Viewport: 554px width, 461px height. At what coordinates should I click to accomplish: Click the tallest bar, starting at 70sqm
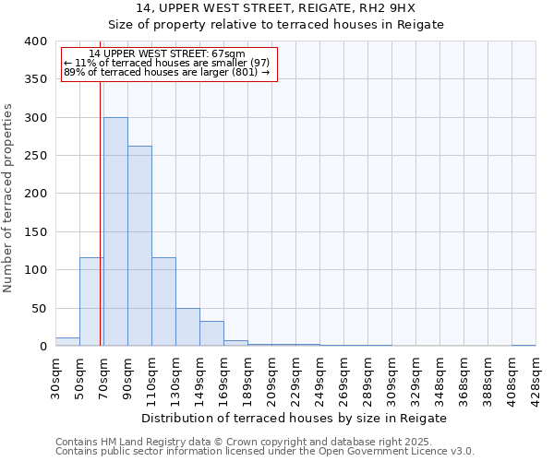coord(115,231)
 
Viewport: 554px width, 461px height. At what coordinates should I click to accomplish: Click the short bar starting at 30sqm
coord(67,342)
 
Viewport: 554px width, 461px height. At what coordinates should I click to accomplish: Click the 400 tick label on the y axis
coord(36,41)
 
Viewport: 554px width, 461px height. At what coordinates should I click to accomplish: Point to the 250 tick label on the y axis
coord(36,156)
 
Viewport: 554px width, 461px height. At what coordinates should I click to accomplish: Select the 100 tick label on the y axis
coord(36,270)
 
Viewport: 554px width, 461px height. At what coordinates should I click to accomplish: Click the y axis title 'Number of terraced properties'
coord(8,197)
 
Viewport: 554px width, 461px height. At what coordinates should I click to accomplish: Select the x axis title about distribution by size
coord(295,418)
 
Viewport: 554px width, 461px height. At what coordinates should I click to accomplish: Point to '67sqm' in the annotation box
coord(228,54)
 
